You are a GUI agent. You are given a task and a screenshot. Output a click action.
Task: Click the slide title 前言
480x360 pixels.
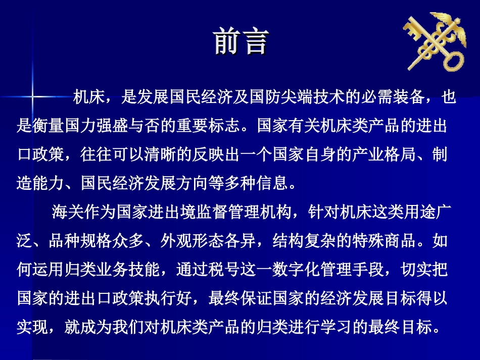[x=240, y=41]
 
